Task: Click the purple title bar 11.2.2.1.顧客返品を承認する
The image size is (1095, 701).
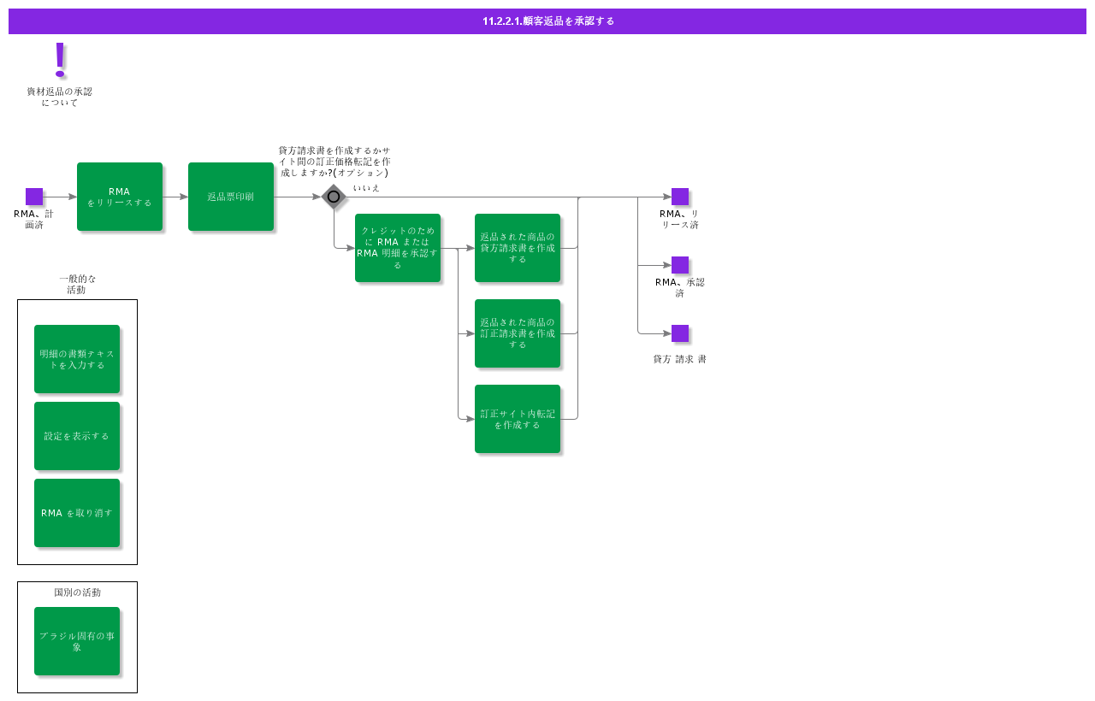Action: tap(547, 21)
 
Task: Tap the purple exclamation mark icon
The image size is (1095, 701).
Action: tap(60, 59)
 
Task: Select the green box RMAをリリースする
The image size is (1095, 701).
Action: tap(120, 197)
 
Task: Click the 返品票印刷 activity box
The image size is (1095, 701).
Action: tap(231, 197)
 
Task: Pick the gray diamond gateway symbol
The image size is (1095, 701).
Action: tap(334, 197)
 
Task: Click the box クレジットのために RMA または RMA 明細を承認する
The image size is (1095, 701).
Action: tap(398, 248)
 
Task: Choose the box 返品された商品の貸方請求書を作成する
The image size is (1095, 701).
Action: tap(518, 248)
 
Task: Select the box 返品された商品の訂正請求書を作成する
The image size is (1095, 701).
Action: tap(518, 333)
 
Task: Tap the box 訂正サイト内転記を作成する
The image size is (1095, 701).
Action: tap(518, 419)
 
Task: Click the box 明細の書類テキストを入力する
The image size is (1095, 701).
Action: tap(77, 359)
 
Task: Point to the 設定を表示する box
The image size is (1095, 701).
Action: tap(77, 436)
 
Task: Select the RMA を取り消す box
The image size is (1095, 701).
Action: tap(77, 513)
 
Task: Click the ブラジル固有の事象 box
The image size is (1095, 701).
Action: tap(77, 641)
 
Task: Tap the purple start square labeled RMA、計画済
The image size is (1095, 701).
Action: tap(34, 197)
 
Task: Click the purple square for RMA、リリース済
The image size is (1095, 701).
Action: tap(680, 197)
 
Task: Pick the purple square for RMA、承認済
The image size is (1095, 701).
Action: tap(680, 265)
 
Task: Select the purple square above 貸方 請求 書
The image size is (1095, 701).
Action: tap(680, 333)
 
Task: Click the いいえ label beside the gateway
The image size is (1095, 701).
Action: tap(366, 187)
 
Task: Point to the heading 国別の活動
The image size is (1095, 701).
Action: tap(77, 592)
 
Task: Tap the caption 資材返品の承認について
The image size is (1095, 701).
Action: tap(59, 97)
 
